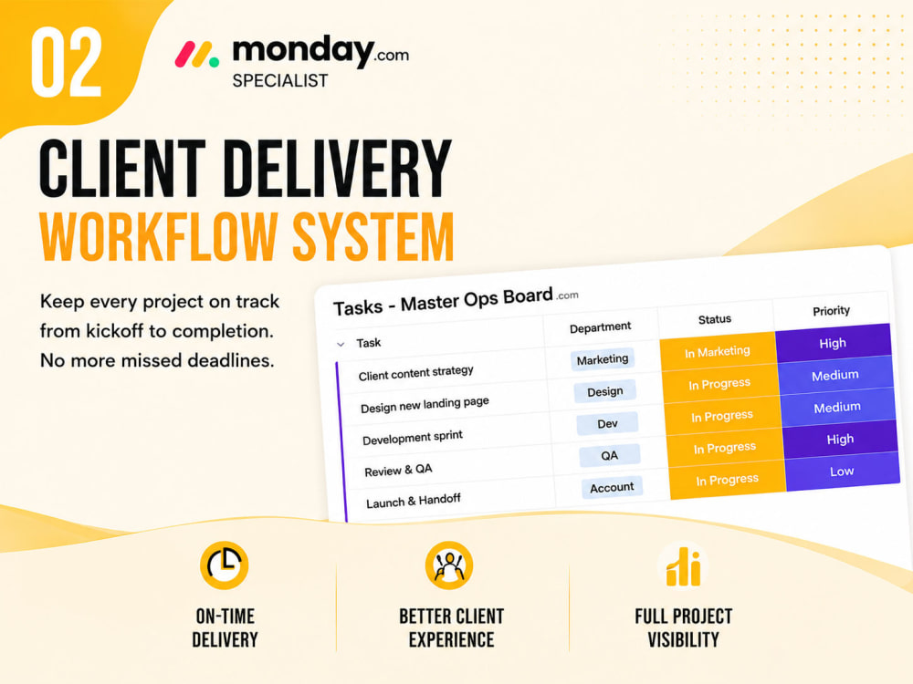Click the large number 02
(67, 62)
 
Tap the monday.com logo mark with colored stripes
(197, 54)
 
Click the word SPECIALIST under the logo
(280, 80)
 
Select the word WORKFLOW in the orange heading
(157, 236)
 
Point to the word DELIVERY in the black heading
(337, 169)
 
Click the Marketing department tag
(602, 359)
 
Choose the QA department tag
(610, 455)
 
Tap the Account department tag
(612, 487)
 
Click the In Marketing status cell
(718, 351)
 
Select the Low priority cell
(843, 472)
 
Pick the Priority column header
(831, 311)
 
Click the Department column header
(600, 327)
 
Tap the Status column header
(715, 318)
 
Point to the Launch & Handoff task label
(413, 501)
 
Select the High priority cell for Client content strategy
(834, 342)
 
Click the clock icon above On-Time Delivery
(225, 565)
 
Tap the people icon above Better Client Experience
(449, 565)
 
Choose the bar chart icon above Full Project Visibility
(683, 566)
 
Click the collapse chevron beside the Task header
(341, 345)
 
